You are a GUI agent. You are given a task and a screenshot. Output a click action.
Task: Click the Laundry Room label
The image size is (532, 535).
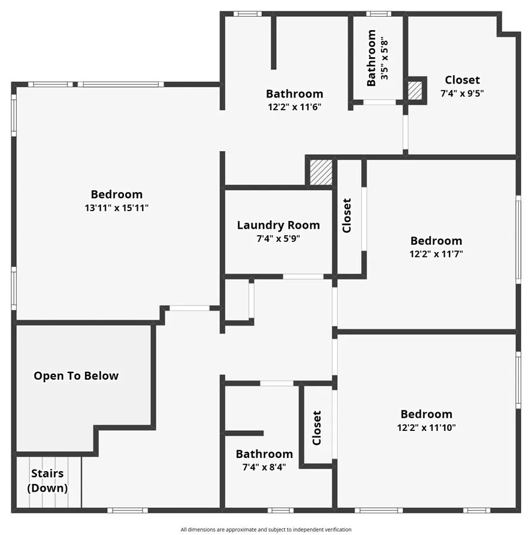(x=278, y=225)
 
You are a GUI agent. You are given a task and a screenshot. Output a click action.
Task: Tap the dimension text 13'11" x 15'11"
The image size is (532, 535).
(x=117, y=208)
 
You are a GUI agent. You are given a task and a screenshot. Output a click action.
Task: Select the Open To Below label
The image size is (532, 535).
(x=76, y=376)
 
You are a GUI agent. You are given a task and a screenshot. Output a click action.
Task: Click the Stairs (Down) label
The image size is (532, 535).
(x=48, y=481)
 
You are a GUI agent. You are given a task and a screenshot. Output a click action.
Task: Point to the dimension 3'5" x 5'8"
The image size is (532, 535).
(x=384, y=58)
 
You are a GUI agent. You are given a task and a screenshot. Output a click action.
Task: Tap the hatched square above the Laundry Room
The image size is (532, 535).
(x=321, y=172)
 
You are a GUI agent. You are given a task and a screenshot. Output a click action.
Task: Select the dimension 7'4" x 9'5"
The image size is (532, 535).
(x=462, y=93)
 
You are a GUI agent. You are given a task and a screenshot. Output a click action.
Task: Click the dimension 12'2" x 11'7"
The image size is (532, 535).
(x=436, y=254)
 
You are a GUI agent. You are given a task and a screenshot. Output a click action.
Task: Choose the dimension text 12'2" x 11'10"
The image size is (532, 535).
(x=426, y=427)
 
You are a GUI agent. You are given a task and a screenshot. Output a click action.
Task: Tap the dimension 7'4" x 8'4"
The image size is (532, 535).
(x=264, y=467)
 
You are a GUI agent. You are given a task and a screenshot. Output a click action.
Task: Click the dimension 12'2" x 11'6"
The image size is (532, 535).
(x=295, y=107)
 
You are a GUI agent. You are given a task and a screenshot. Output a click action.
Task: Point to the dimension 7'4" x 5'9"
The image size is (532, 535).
(x=278, y=238)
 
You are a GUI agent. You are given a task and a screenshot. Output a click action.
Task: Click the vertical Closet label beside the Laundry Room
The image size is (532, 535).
(x=347, y=215)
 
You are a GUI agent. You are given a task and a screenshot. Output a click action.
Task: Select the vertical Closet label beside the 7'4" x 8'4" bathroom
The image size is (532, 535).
(x=317, y=428)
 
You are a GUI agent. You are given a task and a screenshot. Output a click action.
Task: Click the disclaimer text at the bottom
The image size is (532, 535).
(x=266, y=530)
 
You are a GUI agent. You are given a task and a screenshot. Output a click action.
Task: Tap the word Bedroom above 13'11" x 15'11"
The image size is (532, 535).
(x=117, y=194)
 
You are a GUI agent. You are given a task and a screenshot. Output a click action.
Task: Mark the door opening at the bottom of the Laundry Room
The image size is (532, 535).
(x=303, y=276)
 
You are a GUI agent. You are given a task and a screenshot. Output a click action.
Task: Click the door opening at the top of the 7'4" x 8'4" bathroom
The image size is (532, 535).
(x=276, y=383)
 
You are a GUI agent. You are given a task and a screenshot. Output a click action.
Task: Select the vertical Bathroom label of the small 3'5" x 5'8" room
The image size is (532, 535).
(x=371, y=58)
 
